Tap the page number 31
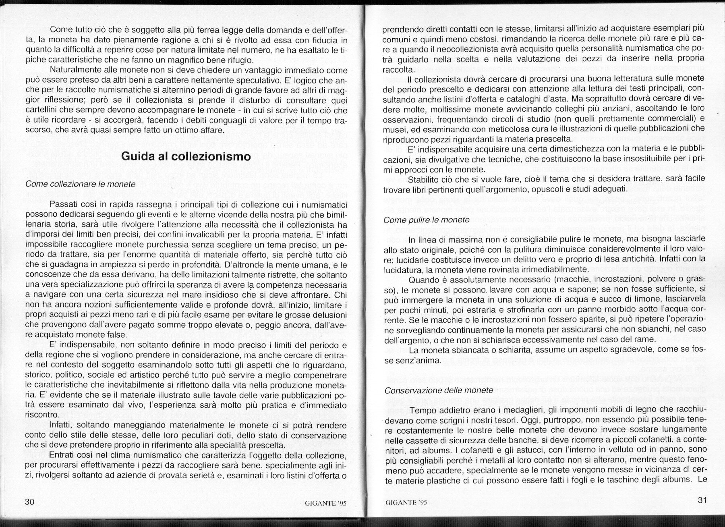[702, 500]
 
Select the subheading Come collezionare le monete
[81, 184]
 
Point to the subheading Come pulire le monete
[427, 220]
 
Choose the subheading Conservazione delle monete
[439, 390]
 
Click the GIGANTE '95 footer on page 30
[327, 502]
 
